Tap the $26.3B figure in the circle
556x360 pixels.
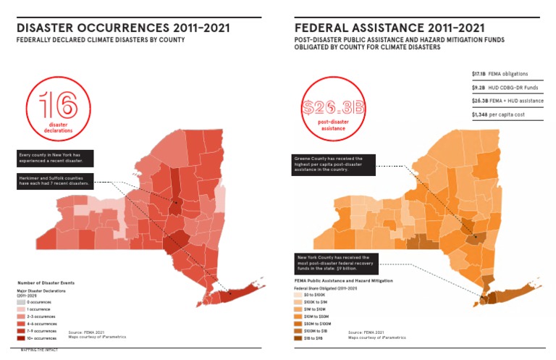coord(332,108)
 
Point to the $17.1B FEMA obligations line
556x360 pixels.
coord(499,74)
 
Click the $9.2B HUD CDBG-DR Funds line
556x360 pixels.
coord(502,88)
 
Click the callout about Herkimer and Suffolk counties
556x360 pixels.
coord(55,180)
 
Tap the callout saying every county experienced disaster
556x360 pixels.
coord(55,157)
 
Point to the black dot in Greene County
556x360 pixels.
coord(475,236)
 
